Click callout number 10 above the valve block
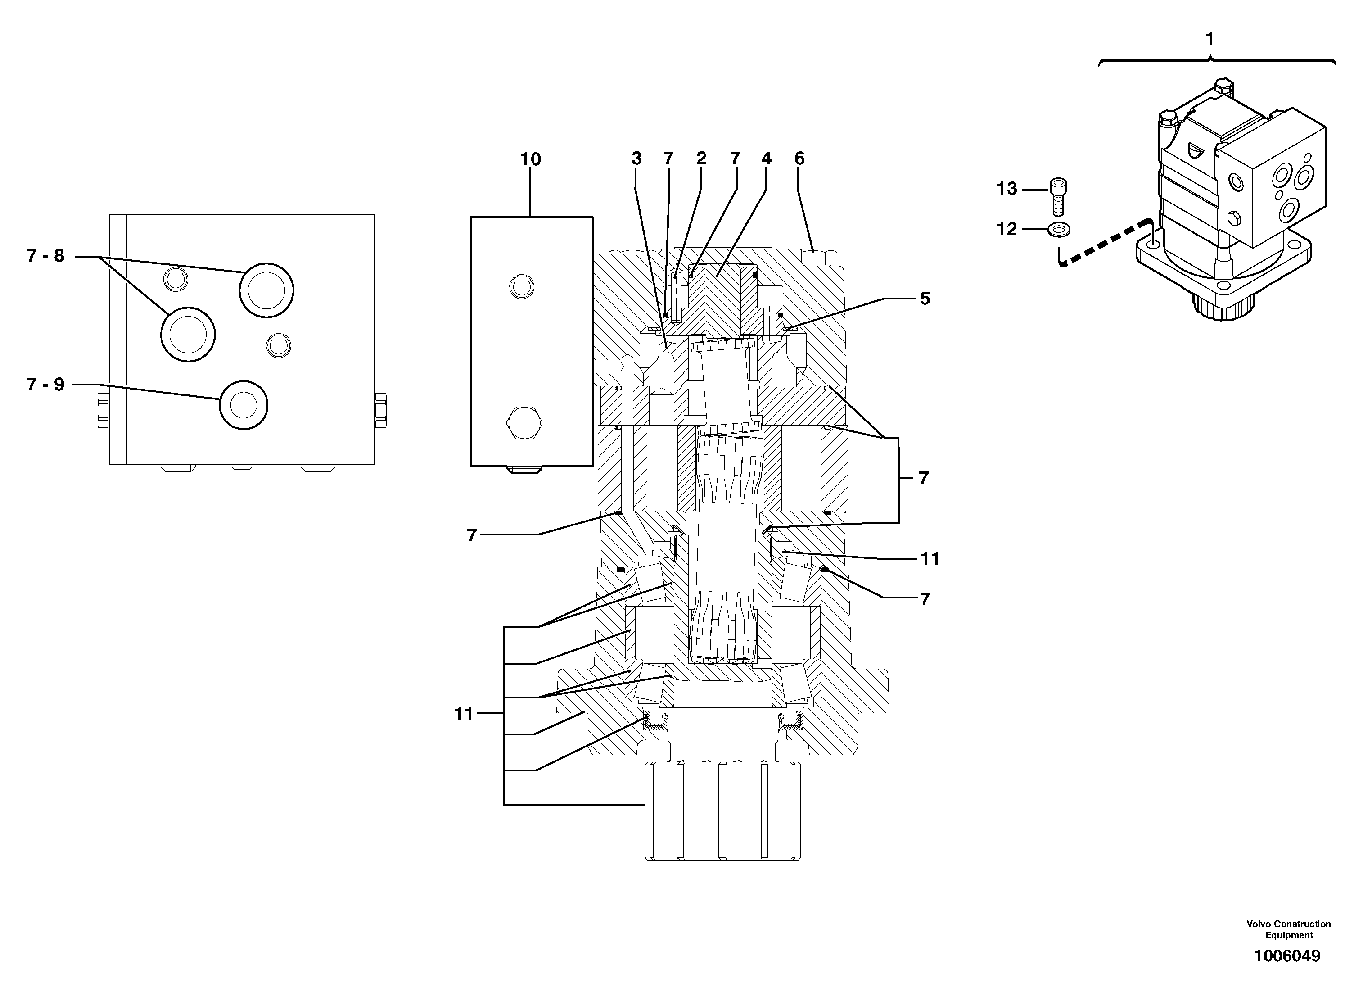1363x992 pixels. (x=531, y=159)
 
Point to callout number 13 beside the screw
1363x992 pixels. (x=1006, y=189)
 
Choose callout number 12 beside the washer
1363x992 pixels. (x=1006, y=229)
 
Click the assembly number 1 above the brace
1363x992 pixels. (x=1210, y=39)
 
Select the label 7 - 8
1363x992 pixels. (x=45, y=256)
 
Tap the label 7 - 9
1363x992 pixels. (x=45, y=384)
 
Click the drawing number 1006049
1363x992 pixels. (x=1286, y=956)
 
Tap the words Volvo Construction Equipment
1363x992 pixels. (x=1288, y=929)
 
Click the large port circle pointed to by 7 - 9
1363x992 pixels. (x=244, y=405)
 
